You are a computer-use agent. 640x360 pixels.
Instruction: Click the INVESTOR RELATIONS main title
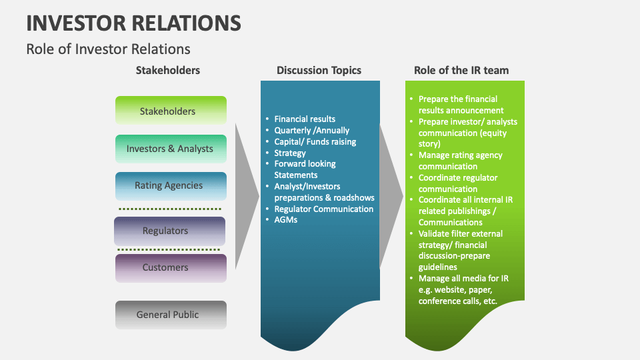click(x=133, y=23)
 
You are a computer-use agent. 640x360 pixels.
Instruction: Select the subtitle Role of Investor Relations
click(x=108, y=49)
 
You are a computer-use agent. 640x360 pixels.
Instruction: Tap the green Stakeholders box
click(x=171, y=111)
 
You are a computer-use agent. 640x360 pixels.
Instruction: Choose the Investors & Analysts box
click(x=171, y=149)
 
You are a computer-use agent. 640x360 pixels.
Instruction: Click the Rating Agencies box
click(x=171, y=186)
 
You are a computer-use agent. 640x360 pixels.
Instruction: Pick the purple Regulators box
click(x=169, y=231)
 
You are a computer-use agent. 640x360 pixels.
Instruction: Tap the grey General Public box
click(x=171, y=315)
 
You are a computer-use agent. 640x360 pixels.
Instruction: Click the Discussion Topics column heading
click(x=319, y=70)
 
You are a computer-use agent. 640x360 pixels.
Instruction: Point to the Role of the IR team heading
click(x=461, y=70)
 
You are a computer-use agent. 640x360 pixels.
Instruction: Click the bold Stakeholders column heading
click(x=168, y=70)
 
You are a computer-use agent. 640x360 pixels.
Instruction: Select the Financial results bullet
click(x=305, y=119)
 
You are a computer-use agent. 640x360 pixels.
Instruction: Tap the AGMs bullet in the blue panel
click(x=285, y=220)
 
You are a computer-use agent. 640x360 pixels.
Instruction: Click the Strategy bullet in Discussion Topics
click(x=290, y=153)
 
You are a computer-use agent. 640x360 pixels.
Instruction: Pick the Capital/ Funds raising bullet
click(x=315, y=141)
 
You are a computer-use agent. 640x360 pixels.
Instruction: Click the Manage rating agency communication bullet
click(x=460, y=161)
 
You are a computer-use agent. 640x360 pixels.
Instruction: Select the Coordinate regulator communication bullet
click(x=457, y=183)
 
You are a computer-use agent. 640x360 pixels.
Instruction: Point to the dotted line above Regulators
click(x=169, y=209)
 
